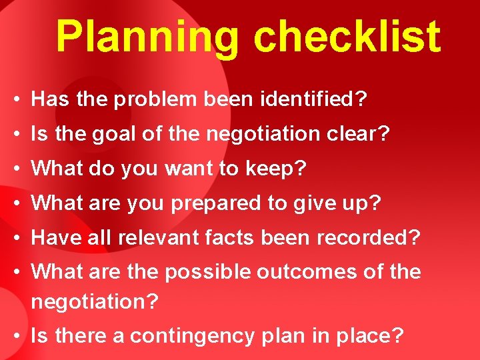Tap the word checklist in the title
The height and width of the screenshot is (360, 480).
tap(347, 37)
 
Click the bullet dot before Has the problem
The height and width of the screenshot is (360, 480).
tap(15, 101)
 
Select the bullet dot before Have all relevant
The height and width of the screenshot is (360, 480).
tap(15, 238)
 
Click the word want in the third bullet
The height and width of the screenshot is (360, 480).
tap(171, 169)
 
